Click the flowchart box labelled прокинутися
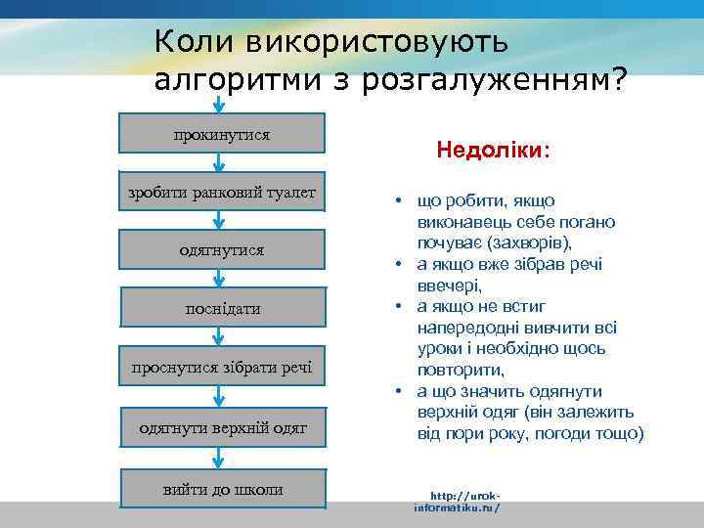pyautogui.click(x=222, y=133)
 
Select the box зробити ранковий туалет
pyautogui.click(x=222, y=192)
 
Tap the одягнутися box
pyautogui.click(x=222, y=250)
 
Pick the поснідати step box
pyautogui.click(x=222, y=308)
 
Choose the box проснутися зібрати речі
pyautogui.click(x=222, y=367)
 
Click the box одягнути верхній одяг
pyautogui.click(x=222, y=427)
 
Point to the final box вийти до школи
pyautogui.click(x=222, y=488)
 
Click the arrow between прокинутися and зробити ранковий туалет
pyautogui.click(x=221, y=162)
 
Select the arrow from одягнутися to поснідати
pyautogui.click(x=221, y=280)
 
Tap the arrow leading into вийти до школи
pyautogui.click(x=221, y=458)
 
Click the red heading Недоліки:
pyautogui.click(x=493, y=152)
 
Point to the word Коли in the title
pyautogui.click(x=194, y=42)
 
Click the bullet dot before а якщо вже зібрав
pyautogui.click(x=400, y=265)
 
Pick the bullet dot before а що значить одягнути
pyautogui.click(x=400, y=391)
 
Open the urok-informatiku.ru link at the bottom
pyautogui.click(x=457, y=502)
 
